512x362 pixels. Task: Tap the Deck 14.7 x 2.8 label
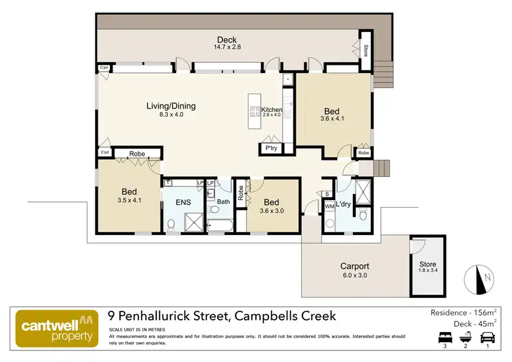pos(227,42)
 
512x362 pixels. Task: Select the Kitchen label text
pos(271,109)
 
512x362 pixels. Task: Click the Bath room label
pos(223,201)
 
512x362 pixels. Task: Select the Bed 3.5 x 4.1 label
pos(130,196)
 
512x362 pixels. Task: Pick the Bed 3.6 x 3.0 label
pos(271,206)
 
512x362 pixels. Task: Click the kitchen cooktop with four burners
pos(255,111)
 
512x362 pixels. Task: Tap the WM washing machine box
pos(328,206)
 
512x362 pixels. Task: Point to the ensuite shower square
pos(195,222)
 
